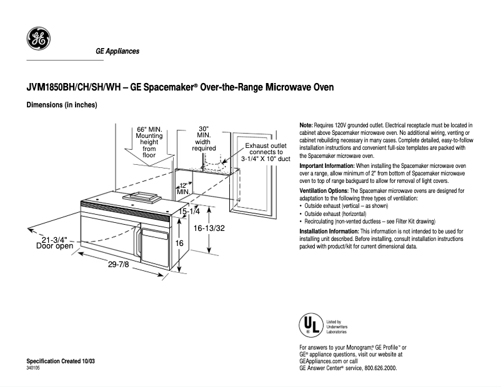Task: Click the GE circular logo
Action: tap(38, 40)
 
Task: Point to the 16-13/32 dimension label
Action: tap(208, 228)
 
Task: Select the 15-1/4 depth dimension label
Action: tap(189, 212)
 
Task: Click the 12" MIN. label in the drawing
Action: tap(182, 188)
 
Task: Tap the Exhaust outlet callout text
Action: tap(265, 152)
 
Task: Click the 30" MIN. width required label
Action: tap(204, 138)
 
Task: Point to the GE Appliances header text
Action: tap(117, 51)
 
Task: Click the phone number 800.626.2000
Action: tap(380, 368)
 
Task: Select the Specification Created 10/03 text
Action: tap(60, 362)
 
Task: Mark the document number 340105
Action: tap(34, 368)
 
